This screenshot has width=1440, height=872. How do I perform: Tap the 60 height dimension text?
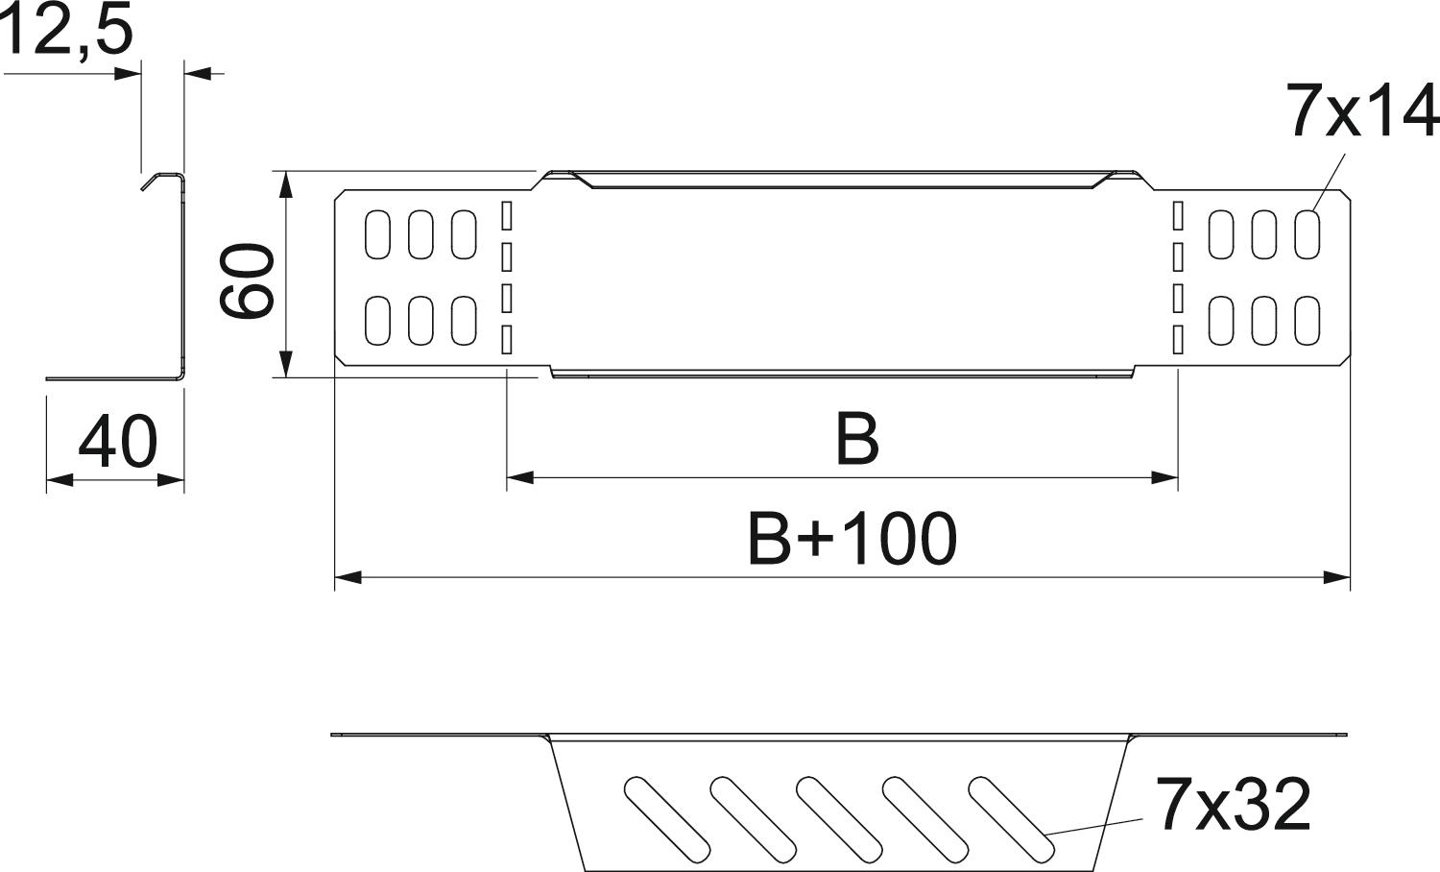point(247,280)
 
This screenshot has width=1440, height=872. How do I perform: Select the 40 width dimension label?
point(118,443)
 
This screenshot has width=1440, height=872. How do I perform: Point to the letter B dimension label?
point(857,440)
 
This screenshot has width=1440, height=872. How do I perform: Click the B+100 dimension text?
point(852,538)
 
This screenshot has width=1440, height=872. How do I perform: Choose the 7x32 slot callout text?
point(1233,804)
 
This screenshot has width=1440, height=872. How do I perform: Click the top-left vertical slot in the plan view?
point(377,234)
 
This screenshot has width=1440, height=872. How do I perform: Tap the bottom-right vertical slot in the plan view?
point(1308,320)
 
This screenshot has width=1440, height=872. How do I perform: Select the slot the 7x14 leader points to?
point(1308,234)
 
